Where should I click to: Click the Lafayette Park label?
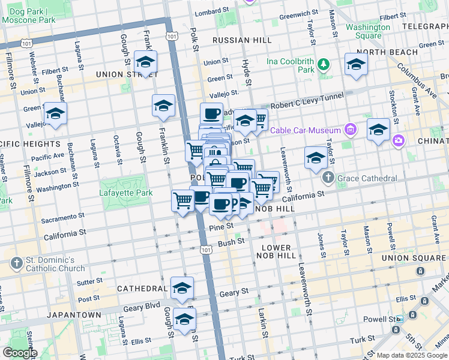124,193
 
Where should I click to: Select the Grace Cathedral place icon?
328,178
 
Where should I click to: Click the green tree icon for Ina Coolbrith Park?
324,64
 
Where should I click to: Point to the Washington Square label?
368,31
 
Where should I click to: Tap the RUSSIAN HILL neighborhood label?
242,40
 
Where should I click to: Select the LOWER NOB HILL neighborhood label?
276,251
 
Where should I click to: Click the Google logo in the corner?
20,352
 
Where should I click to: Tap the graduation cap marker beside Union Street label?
145,62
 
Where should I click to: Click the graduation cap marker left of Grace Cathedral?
316,158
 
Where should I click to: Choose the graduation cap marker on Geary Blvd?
182,289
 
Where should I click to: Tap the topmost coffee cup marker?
211,113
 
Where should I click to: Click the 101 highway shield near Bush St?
206,248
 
